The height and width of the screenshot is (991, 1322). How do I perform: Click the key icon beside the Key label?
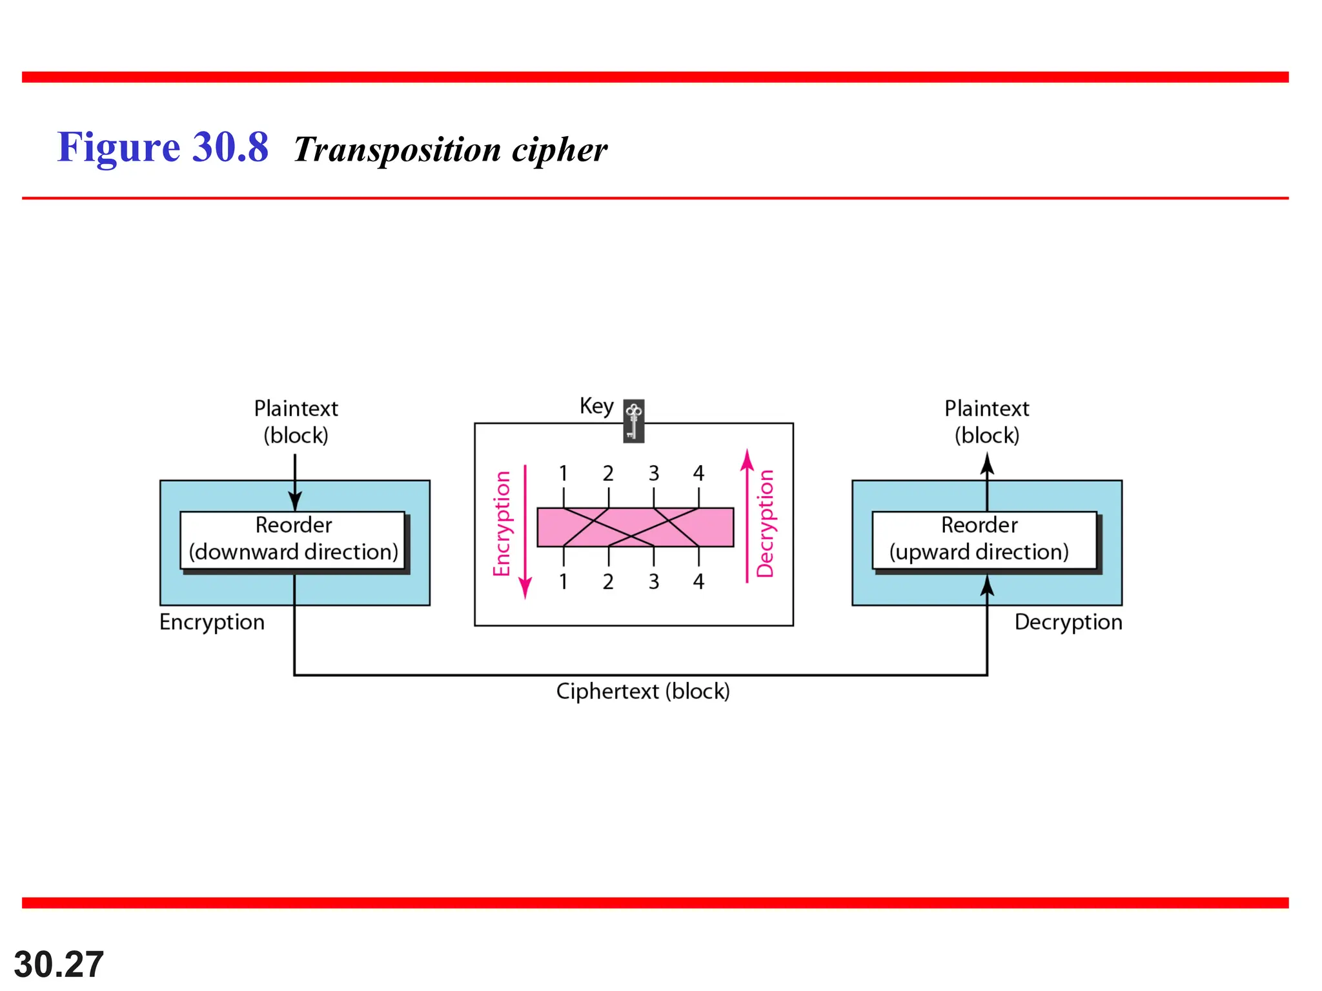point(633,421)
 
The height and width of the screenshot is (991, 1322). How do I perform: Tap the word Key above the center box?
point(596,406)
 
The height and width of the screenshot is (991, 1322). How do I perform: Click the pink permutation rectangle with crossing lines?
point(635,527)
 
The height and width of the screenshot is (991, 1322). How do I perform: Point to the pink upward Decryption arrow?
point(747,516)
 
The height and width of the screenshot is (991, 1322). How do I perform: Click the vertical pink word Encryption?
point(502,523)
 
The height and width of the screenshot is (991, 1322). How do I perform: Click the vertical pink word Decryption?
point(766,523)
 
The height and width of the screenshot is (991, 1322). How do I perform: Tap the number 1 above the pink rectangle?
point(564,474)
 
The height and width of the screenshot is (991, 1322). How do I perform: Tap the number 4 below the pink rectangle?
point(698,582)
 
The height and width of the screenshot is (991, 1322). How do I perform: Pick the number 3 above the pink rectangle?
point(654,474)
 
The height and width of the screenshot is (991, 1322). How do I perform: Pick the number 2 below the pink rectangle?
point(608,582)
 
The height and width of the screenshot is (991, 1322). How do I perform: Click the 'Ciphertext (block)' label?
point(643,692)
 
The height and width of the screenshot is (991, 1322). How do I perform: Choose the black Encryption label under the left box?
point(212,622)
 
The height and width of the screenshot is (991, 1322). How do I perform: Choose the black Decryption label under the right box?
point(1068,622)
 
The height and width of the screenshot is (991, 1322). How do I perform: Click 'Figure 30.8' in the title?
point(163,147)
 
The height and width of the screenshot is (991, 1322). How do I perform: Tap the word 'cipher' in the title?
point(559,150)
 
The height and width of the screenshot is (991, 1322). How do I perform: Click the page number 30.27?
point(59,965)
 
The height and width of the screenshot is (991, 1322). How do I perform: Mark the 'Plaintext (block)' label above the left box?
point(296,422)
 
